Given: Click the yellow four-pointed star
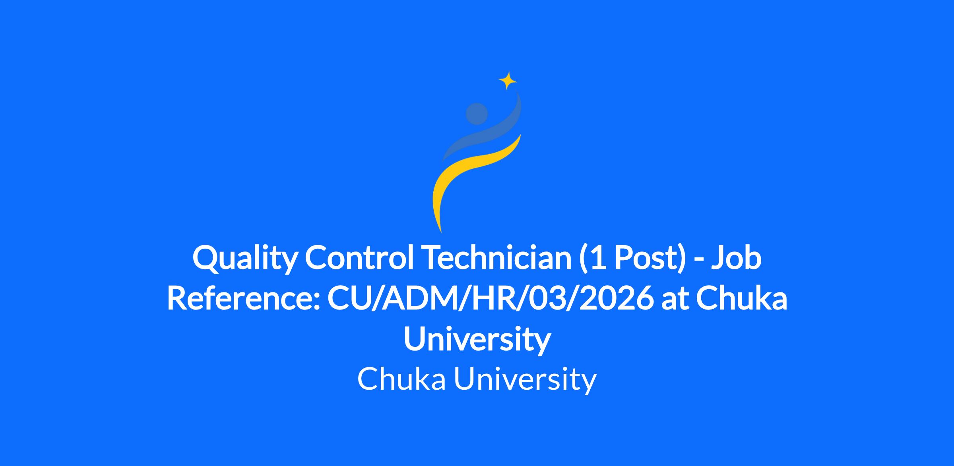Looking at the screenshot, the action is pyautogui.click(x=508, y=81).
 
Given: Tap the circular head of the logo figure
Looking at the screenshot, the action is pyautogui.click(x=477, y=114).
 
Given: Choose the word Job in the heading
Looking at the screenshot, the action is pyautogui.click(x=737, y=257).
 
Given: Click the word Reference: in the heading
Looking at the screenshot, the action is pyautogui.click(x=243, y=299).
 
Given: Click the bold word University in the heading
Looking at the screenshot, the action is pyautogui.click(x=477, y=340).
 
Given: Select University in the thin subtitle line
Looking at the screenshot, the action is pyautogui.click(x=525, y=380).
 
